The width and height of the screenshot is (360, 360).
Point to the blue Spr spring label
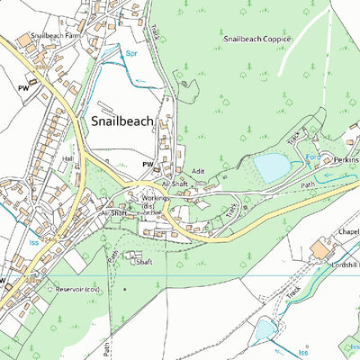pos(131,55)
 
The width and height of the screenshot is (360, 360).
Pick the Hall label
pos(67,157)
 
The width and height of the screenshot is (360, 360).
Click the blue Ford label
pos(313,157)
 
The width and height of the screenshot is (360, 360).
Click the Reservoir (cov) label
pos(76,291)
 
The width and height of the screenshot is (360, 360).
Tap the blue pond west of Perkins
pos(271,166)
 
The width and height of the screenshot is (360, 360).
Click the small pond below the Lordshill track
pos(264,330)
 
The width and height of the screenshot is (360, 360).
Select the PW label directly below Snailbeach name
pos(147,165)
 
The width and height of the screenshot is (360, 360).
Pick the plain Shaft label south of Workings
pos(143,262)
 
